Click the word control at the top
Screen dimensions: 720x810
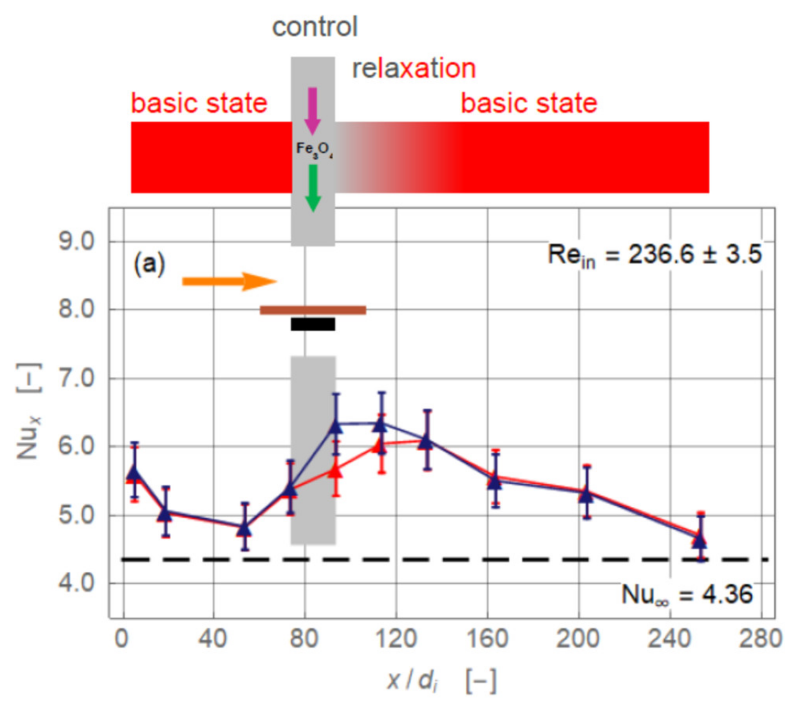(x=315, y=27)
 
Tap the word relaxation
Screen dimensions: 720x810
(x=414, y=68)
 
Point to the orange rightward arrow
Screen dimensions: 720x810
(x=229, y=281)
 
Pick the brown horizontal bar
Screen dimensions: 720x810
(x=313, y=310)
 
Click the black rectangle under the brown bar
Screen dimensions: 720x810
(x=313, y=324)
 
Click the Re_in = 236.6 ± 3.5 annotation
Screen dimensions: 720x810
(x=654, y=255)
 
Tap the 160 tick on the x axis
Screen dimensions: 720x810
(x=487, y=639)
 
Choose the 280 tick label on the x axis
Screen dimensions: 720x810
(x=761, y=639)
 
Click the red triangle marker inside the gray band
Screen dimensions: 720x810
(x=336, y=471)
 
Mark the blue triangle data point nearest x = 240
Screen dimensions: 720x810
(x=700, y=540)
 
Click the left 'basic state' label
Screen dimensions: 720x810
(x=199, y=104)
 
